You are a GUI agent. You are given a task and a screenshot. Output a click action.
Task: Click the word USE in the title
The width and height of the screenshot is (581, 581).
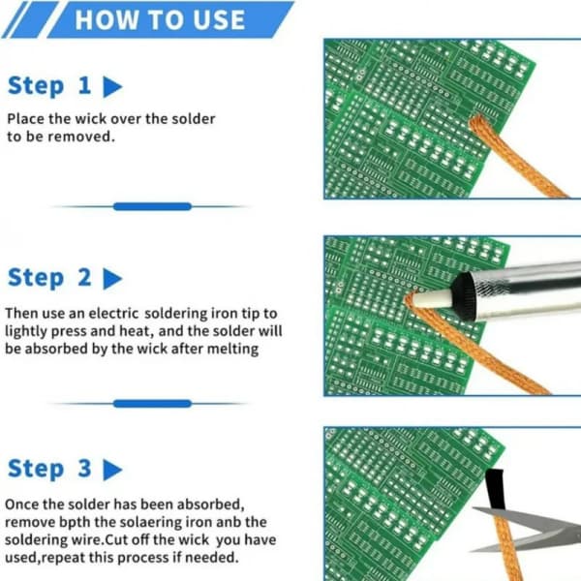pos(219,19)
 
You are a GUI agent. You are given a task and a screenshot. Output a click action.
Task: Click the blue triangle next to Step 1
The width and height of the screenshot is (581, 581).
pos(112,87)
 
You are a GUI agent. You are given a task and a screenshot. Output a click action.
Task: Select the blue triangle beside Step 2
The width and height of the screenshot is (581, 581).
pos(112,279)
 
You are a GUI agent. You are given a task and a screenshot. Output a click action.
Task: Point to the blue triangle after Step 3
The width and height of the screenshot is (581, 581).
pos(112,470)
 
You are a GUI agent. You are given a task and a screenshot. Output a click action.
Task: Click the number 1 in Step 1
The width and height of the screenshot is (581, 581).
pos(85,85)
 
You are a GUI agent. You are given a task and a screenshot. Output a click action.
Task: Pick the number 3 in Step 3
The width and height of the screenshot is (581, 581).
pos(84,468)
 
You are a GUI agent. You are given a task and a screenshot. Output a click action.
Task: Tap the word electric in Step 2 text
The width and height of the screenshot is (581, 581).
pos(113,314)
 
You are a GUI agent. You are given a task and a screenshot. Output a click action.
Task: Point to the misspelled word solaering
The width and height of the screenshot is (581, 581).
pos(146,523)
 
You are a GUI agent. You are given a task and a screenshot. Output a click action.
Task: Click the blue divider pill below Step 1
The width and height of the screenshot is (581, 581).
pos(152,206)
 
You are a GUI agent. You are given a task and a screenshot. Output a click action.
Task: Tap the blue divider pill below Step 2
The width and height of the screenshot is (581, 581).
pos(152,404)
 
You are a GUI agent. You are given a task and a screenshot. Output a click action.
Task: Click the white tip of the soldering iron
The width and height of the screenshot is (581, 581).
pos(433,299)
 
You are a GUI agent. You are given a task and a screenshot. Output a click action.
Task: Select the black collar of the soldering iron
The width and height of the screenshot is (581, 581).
pos(464,295)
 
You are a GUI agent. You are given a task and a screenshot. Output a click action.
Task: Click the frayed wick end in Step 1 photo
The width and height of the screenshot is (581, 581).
pos(478,123)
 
